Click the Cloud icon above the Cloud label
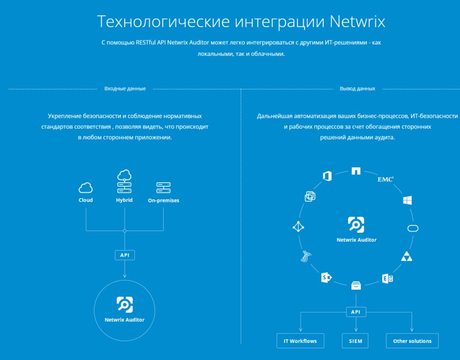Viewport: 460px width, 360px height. coord(86,187)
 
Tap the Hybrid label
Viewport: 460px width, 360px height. coord(124,200)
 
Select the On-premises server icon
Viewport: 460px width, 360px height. coord(164,187)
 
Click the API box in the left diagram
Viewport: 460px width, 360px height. coord(125,255)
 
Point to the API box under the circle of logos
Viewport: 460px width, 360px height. coord(356,312)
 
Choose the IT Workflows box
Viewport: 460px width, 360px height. coord(300,341)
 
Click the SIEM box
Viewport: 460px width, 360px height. coord(356,341)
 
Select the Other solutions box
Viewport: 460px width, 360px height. coord(412,341)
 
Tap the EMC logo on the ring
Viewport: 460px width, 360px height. coord(385,179)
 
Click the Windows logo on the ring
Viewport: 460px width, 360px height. coord(407,200)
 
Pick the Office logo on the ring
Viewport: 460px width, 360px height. coord(327,176)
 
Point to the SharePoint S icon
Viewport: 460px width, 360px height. coord(326,277)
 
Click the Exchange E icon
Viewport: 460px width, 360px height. coord(388,279)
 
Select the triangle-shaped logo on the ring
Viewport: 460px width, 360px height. coord(407,256)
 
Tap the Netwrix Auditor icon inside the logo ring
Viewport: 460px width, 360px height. coord(356,225)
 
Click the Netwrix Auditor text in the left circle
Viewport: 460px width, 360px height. coord(124,320)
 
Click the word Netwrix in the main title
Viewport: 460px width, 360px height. coord(357,21)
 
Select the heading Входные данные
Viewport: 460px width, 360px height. coord(125,88)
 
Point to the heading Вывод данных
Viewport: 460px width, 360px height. coord(357,88)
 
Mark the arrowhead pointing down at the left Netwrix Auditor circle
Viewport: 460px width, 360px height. coord(125,276)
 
